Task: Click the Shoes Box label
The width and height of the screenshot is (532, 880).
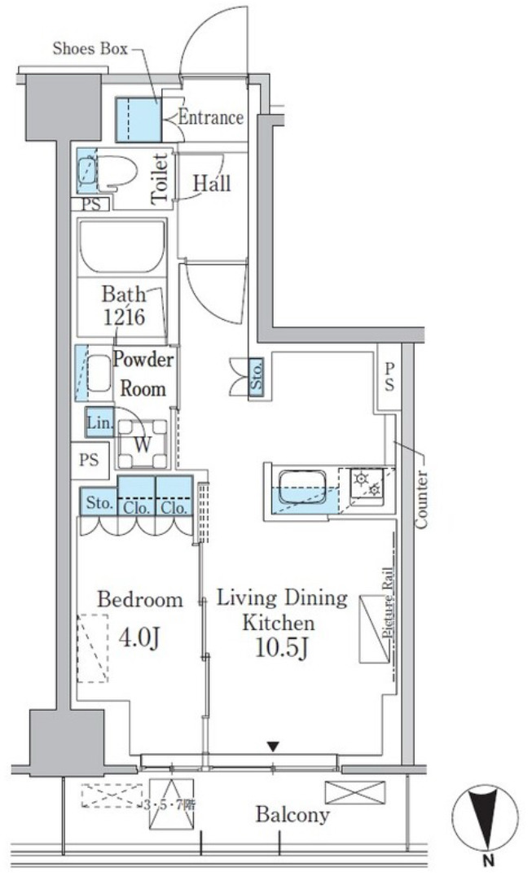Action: pyautogui.click(x=90, y=49)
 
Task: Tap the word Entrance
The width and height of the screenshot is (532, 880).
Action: pyautogui.click(x=211, y=117)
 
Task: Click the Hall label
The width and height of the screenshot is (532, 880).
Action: pyautogui.click(x=212, y=183)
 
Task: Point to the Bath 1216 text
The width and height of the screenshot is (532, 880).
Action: pyautogui.click(x=124, y=306)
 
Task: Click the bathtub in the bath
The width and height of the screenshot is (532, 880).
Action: pyautogui.click(x=123, y=247)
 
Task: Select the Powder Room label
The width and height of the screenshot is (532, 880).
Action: pyautogui.click(x=144, y=374)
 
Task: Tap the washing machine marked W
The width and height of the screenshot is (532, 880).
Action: pyautogui.click(x=143, y=444)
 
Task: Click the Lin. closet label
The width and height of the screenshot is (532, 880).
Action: pyautogui.click(x=100, y=423)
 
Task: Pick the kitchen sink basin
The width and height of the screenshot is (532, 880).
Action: pyautogui.click(x=303, y=486)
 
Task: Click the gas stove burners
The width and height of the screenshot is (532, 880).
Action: pyautogui.click(x=367, y=484)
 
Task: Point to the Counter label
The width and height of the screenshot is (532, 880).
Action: pyautogui.click(x=421, y=500)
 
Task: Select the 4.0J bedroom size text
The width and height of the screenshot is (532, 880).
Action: pyautogui.click(x=140, y=637)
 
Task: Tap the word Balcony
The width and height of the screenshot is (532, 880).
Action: pyautogui.click(x=292, y=814)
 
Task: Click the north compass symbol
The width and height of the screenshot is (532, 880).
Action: pyautogui.click(x=486, y=817)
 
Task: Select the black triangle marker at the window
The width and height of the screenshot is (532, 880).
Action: pyautogui.click(x=273, y=747)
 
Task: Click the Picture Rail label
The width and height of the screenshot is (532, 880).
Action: pyautogui.click(x=387, y=602)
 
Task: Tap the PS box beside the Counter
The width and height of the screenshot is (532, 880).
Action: pyautogui.click(x=389, y=376)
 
